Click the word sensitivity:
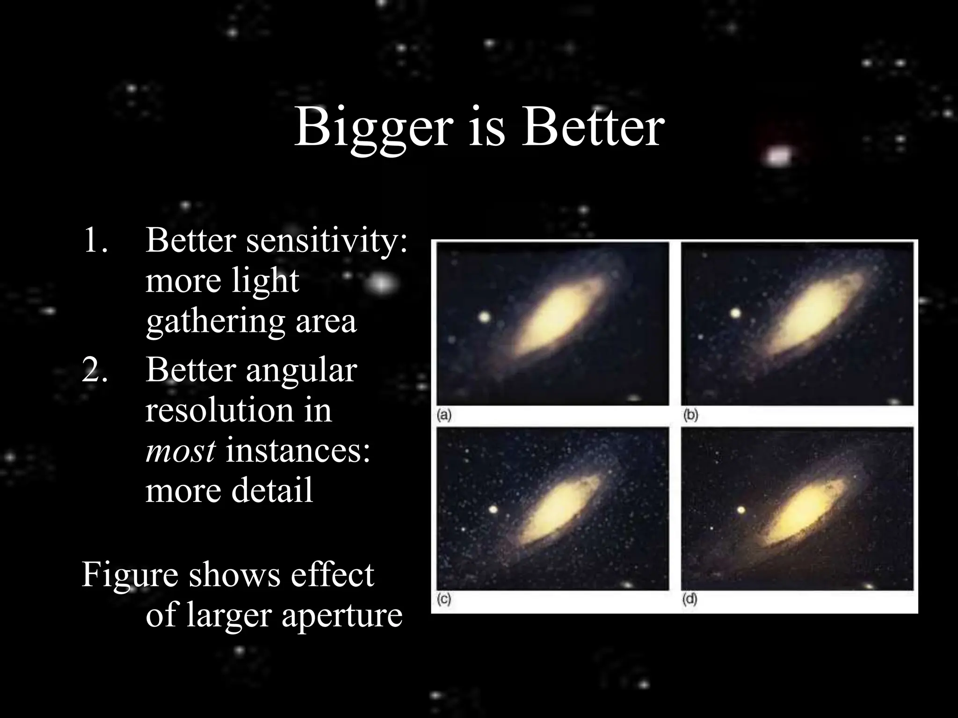pyautogui.click(x=327, y=241)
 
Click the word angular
pyautogui.click(x=301, y=371)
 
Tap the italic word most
pyautogui.click(x=181, y=452)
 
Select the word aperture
pyautogui.click(x=341, y=615)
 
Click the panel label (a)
pyautogui.click(x=444, y=415)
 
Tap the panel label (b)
pyautogui.click(x=690, y=415)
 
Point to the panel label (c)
pyautogui.click(x=444, y=599)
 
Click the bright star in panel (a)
pyautogui.click(x=485, y=318)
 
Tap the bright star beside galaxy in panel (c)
pyautogui.click(x=493, y=509)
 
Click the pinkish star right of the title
pyautogui.click(x=778, y=156)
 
